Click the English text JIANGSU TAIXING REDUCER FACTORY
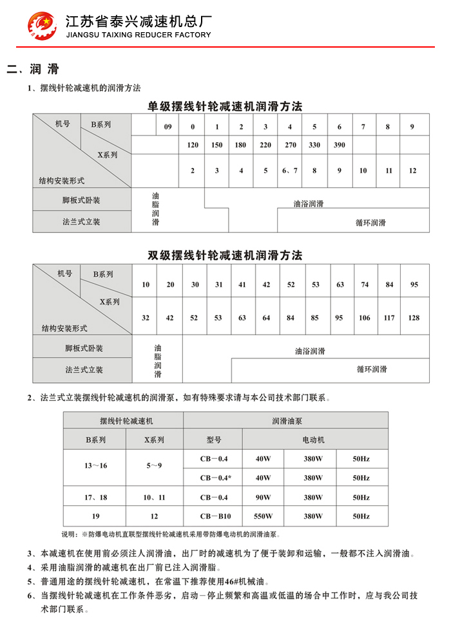click(138, 35)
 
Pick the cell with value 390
click(340, 145)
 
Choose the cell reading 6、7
click(290, 171)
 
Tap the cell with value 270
click(290, 145)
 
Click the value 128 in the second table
click(414, 317)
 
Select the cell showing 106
click(365, 317)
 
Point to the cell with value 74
click(365, 284)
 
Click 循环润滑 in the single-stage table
click(370, 223)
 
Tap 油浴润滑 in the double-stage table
click(310, 351)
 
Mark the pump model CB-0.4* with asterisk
click(215, 478)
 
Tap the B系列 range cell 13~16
click(93, 465)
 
